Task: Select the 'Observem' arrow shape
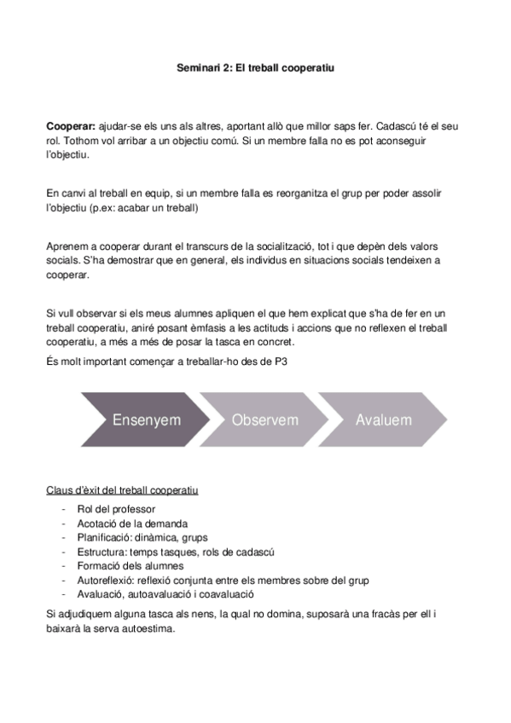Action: (264, 419)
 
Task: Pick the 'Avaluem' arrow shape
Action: (384, 419)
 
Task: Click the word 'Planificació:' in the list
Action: (104, 538)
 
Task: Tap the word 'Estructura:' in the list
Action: (102, 552)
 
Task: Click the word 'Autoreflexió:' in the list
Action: (107, 580)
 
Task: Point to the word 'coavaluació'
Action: (226, 593)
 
